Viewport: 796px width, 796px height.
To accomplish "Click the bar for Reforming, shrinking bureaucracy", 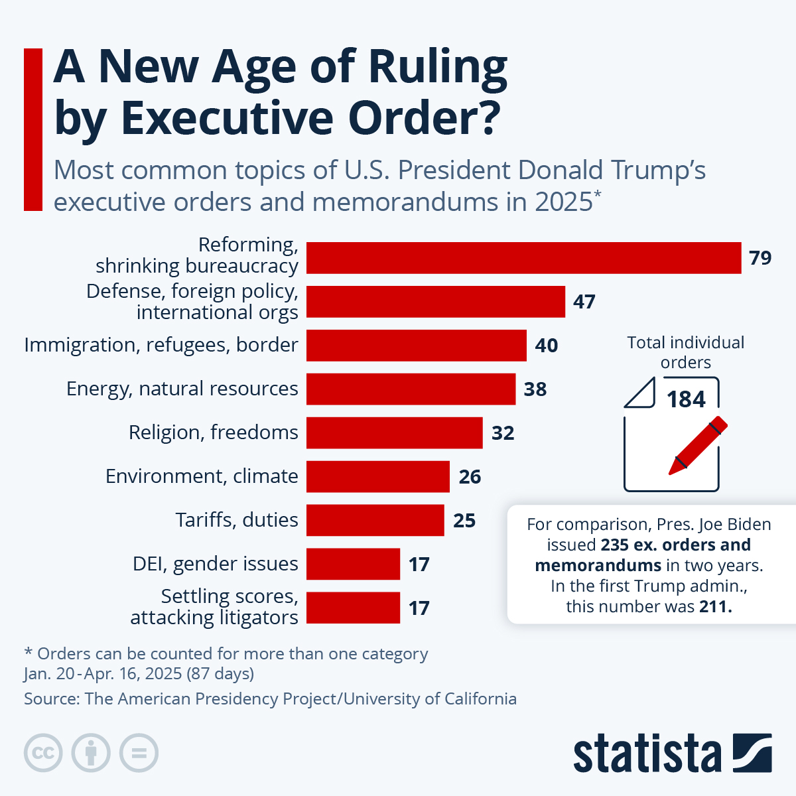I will (523, 257).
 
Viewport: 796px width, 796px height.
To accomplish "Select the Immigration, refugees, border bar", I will (416, 345).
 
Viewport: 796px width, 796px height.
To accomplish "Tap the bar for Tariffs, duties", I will (375, 520).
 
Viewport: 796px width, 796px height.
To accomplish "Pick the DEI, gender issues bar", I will (353, 564).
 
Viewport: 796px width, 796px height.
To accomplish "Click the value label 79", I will (760, 257).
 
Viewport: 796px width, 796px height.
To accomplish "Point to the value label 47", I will (584, 302).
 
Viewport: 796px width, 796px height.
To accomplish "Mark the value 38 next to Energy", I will (535, 389).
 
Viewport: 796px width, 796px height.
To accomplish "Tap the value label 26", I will (470, 476).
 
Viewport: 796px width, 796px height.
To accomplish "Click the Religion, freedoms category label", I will (213, 432).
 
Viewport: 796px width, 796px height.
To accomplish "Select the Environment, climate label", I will (202, 476).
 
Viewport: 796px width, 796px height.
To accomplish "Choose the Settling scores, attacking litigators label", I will (214, 607).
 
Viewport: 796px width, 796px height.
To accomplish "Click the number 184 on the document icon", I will (686, 399).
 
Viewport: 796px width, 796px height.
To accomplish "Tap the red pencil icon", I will (697, 446).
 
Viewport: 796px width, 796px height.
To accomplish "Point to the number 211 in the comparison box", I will (715, 606).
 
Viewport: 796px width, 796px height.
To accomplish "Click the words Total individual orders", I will (686, 352).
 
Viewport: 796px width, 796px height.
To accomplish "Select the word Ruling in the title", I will (438, 68).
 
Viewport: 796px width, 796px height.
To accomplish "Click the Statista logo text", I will (647, 754).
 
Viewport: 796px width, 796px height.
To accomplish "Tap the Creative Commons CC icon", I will (43, 753).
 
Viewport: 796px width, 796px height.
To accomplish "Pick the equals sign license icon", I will (139, 753).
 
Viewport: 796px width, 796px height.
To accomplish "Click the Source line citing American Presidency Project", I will (270, 698).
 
